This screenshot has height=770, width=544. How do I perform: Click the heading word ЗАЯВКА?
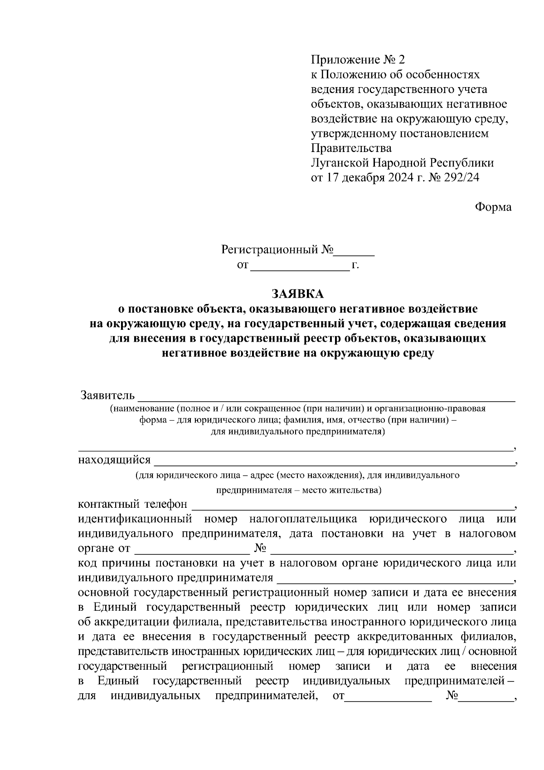click(298, 294)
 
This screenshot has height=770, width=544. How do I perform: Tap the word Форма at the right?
click(493, 207)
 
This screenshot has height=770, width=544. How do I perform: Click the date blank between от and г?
click(300, 266)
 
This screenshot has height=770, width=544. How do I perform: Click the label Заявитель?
click(107, 395)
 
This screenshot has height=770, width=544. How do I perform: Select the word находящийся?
click(114, 460)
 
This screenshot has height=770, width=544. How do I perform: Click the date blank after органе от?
click(192, 549)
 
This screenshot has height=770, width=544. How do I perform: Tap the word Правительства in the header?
click(351, 148)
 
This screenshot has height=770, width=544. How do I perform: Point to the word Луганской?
click(340, 163)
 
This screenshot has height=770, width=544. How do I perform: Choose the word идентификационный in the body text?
click(135, 519)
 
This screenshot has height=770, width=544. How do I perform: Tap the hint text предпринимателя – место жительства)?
click(299, 490)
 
